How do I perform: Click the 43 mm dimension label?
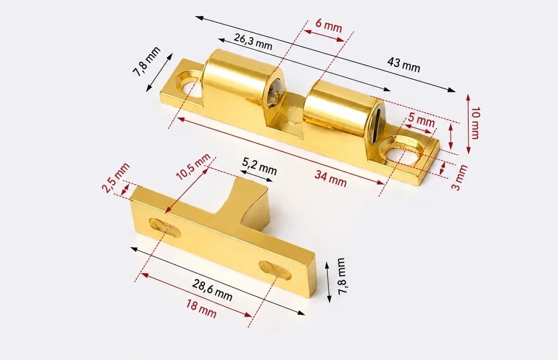404,65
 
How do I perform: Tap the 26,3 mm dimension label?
253,41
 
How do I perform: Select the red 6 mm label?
329,26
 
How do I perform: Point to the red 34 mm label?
331,179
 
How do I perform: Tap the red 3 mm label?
459,177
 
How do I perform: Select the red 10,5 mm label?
193,167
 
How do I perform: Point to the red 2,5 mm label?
116,178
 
